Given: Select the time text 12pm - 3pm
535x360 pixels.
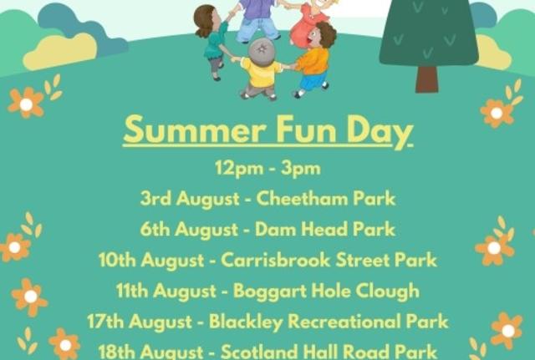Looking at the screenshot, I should (x=267, y=168).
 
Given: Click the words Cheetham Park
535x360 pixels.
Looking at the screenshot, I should (x=326, y=199).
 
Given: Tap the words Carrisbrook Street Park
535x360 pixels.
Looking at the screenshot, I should (x=329, y=260).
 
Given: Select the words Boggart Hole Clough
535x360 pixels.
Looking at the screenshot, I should (x=327, y=291).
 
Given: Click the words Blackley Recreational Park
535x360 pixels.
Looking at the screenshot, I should (x=329, y=322).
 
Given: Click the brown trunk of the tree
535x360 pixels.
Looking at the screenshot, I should (x=426, y=79).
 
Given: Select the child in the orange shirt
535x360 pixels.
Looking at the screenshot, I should (x=313, y=62).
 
